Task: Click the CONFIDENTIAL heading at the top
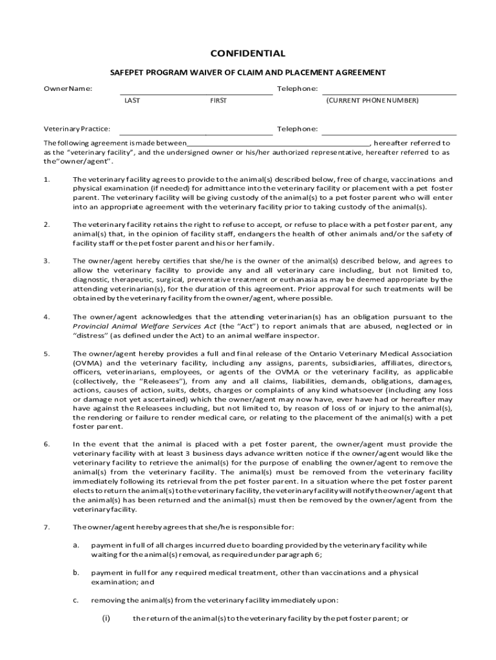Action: point(248,53)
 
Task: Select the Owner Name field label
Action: point(67,88)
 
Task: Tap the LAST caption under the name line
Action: point(132,101)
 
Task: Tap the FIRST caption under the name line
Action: point(218,101)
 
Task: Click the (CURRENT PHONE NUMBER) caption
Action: point(372,101)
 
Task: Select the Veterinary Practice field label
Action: point(76,130)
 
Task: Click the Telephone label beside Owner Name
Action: point(297,88)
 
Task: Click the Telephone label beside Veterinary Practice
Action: point(297,130)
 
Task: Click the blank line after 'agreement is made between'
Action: point(278,143)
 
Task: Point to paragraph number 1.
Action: point(46,179)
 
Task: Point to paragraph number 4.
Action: point(46,317)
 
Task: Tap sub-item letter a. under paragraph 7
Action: point(75,545)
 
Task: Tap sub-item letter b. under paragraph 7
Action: point(75,572)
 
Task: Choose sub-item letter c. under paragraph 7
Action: point(75,600)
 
